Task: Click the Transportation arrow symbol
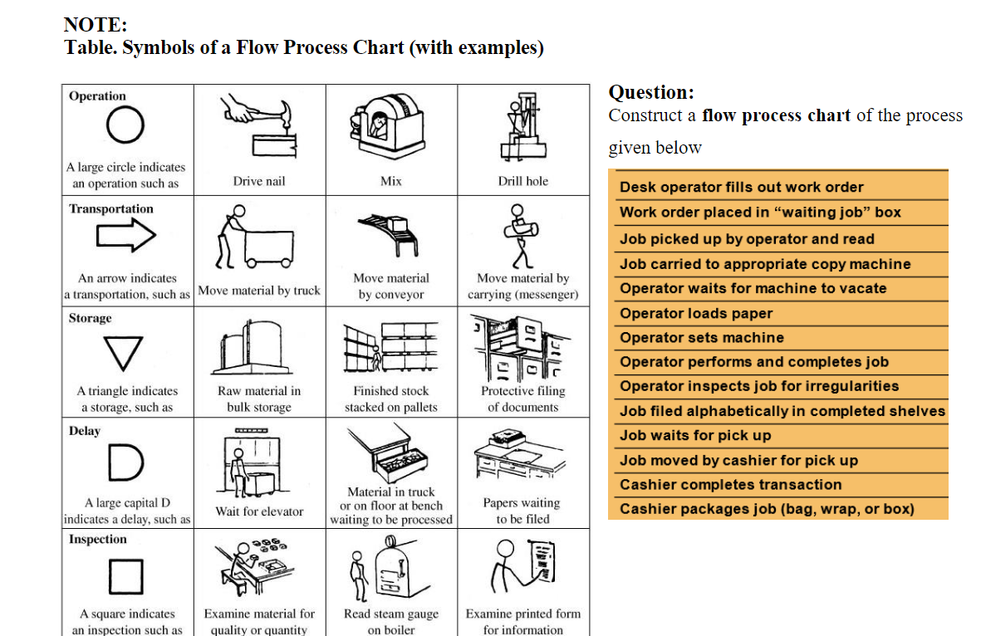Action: (126, 237)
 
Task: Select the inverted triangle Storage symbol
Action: (126, 353)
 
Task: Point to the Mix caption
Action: (390, 181)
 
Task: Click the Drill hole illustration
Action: (522, 129)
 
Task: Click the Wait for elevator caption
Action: (259, 511)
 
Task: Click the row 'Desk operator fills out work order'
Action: (741, 188)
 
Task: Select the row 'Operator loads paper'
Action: (696, 314)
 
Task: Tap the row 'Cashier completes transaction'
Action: (730, 485)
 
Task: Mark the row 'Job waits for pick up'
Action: (695, 436)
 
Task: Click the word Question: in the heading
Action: (651, 92)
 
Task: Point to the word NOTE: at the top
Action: (96, 26)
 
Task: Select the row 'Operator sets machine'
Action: (701, 338)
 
